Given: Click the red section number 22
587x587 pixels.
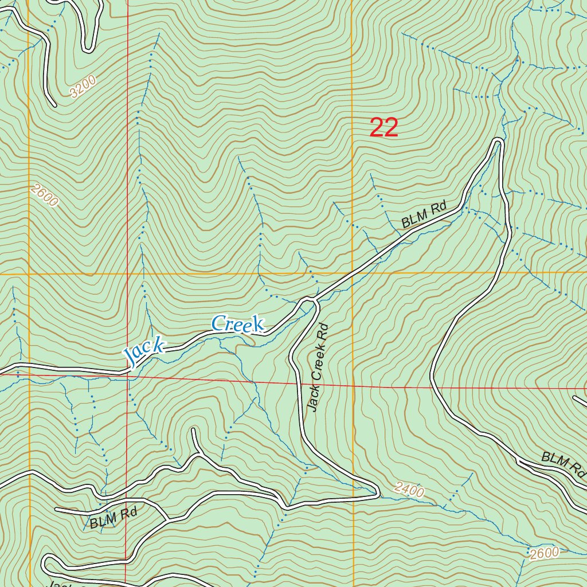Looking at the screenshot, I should click(x=383, y=127).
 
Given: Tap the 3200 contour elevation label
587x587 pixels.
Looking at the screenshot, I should click(x=82, y=87).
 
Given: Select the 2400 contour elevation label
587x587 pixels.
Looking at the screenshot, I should click(x=409, y=490).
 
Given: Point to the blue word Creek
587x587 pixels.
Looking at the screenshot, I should click(x=237, y=324).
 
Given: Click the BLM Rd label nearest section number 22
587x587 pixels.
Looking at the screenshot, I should click(x=424, y=215).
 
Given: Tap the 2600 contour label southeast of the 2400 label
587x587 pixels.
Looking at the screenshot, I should click(x=544, y=553).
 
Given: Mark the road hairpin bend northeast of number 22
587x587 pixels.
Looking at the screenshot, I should click(x=498, y=140).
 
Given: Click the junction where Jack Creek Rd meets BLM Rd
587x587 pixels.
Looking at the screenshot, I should click(x=310, y=299).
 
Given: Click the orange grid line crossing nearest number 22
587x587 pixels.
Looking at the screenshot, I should click(x=353, y=273).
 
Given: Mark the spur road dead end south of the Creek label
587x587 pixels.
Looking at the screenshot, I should click(x=194, y=429).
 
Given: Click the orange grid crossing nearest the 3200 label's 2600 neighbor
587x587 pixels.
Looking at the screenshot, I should click(x=29, y=274).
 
